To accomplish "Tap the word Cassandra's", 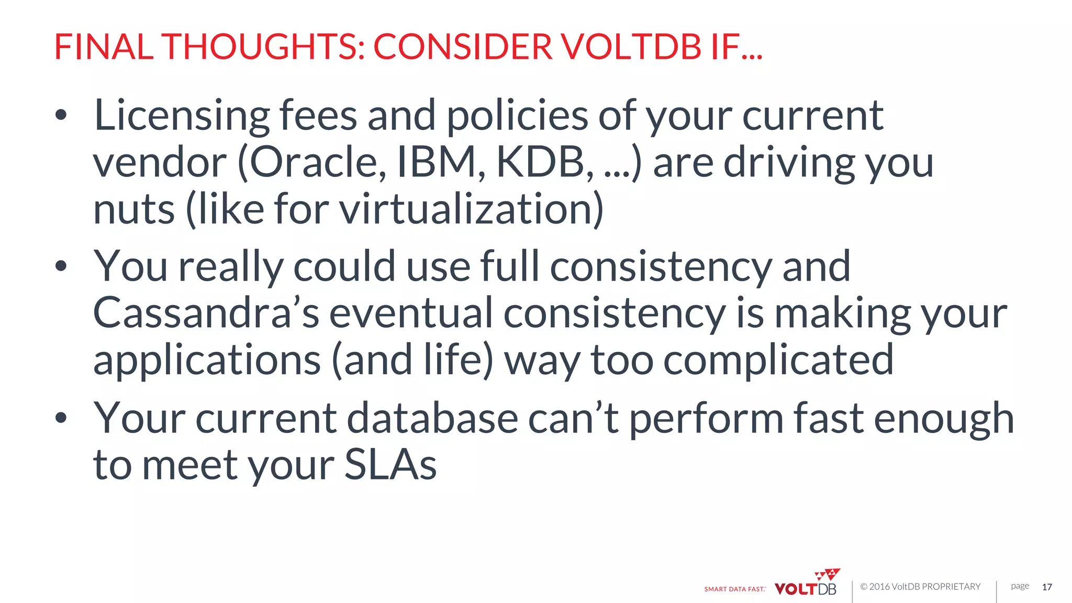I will point(206,313).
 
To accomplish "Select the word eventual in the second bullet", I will point(411,313).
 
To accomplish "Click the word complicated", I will point(778,360).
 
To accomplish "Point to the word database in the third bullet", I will point(432,418).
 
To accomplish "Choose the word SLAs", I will point(390,465).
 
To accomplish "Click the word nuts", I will point(134,209).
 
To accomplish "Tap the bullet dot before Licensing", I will point(61,115).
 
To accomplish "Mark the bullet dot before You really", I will point(61,266).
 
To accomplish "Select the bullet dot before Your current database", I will point(61,417).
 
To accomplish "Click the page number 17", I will point(1047,587).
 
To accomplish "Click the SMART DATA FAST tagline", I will point(734,589).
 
